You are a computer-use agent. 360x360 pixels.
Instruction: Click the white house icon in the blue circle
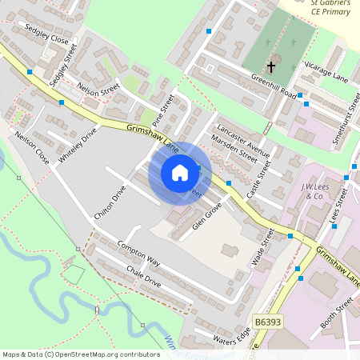click(x=180, y=172)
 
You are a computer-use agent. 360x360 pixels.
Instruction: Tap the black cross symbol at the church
click(x=271, y=66)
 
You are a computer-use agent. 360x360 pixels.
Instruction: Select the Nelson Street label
click(x=98, y=89)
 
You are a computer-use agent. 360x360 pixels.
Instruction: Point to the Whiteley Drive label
click(x=77, y=144)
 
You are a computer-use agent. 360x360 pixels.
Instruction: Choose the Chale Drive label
click(x=143, y=277)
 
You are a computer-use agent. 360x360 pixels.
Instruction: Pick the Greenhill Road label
click(x=274, y=87)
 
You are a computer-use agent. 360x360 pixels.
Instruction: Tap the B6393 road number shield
click(x=269, y=321)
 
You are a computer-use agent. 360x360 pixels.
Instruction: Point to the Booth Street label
click(x=336, y=314)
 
